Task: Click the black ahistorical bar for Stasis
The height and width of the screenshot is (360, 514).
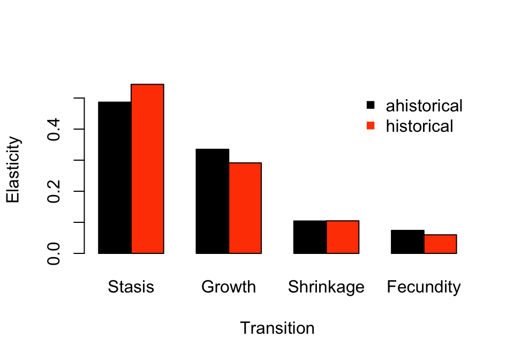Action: point(115,177)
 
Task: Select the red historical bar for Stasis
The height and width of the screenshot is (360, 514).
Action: point(147,169)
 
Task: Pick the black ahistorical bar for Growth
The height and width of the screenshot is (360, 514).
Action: point(213,201)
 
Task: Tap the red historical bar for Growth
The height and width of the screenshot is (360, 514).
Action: point(245,208)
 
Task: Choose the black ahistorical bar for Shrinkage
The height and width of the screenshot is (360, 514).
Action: point(310,237)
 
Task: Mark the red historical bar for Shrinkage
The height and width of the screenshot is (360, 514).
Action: point(343,237)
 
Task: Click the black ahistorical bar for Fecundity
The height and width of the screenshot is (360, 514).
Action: point(407,242)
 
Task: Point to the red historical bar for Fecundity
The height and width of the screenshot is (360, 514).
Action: point(440,244)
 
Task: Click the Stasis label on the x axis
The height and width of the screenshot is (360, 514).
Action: point(131,287)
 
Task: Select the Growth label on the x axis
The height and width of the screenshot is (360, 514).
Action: point(229,287)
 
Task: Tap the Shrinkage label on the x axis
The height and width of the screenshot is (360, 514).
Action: point(326,287)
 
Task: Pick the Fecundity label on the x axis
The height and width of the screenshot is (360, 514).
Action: point(424,287)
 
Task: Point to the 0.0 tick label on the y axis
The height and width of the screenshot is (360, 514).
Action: point(54,253)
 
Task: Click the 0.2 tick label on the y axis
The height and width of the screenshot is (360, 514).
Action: point(54,191)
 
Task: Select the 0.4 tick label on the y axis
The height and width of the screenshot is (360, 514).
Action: point(54,129)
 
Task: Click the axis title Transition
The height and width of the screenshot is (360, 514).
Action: point(277,328)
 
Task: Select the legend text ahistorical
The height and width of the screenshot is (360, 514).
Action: point(424,106)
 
